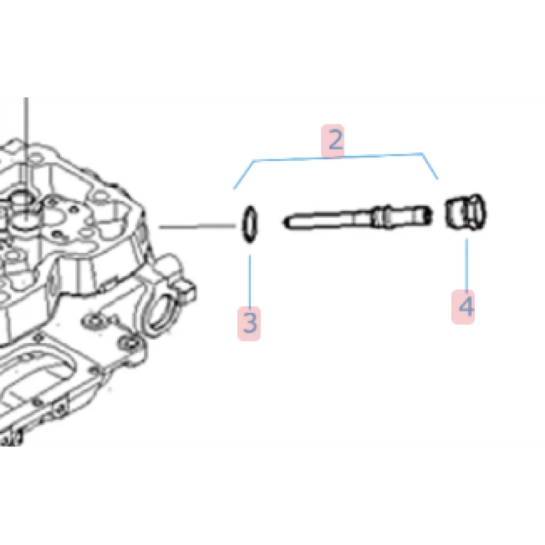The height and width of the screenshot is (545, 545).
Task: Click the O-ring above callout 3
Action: point(250,225)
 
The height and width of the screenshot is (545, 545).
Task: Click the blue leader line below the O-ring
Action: point(250,281)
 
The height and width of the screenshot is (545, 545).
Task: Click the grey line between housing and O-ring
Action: point(197,227)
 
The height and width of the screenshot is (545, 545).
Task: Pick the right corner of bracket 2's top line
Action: point(422,153)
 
